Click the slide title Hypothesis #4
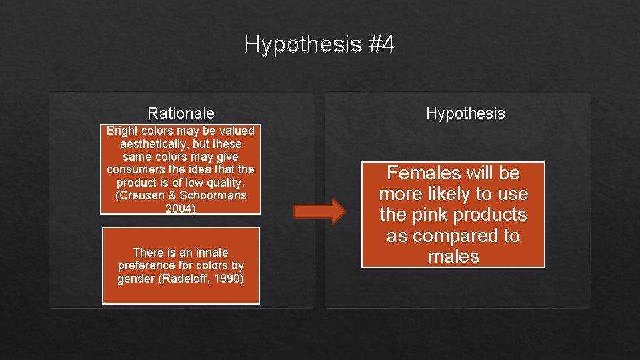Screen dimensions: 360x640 (319, 45)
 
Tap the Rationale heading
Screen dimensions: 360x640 (181, 113)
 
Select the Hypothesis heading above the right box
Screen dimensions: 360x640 (465, 113)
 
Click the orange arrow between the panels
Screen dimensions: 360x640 (320, 211)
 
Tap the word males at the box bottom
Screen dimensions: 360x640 (453, 257)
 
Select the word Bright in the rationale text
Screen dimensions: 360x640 (121, 131)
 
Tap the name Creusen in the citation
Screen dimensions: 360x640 (139, 196)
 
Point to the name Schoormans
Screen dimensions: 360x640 (212, 196)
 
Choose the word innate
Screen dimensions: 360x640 (209, 253)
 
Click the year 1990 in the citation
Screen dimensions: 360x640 (227, 278)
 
